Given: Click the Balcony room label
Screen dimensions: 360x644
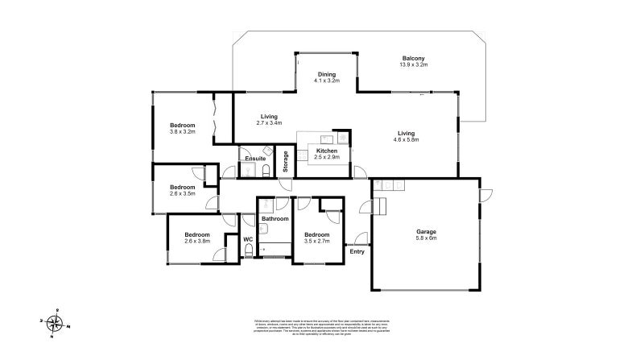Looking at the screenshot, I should (x=414, y=58).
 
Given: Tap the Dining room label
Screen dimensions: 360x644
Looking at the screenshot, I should (x=326, y=75).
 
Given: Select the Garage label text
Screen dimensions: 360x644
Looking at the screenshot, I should (x=427, y=231).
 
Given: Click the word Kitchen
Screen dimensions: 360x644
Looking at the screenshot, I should (x=326, y=151).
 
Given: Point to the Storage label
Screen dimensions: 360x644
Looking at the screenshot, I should (x=285, y=161).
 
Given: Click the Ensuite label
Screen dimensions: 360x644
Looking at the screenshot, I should (x=255, y=159).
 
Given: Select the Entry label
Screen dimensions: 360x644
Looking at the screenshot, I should (x=357, y=251).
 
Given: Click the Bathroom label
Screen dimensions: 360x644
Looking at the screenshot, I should (x=275, y=218).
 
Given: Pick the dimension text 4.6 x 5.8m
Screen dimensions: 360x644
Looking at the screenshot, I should (x=407, y=139).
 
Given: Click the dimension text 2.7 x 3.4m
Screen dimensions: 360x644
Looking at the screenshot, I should (x=269, y=123).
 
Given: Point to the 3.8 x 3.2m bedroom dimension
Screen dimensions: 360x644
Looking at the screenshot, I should (x=182, y=131).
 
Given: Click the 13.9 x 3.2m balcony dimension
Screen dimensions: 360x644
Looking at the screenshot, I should (x=414, y=64).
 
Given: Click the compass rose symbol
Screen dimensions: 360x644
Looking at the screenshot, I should (x=56, y=324).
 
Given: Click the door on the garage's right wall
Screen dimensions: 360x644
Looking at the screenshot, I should (x=484, y=197).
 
